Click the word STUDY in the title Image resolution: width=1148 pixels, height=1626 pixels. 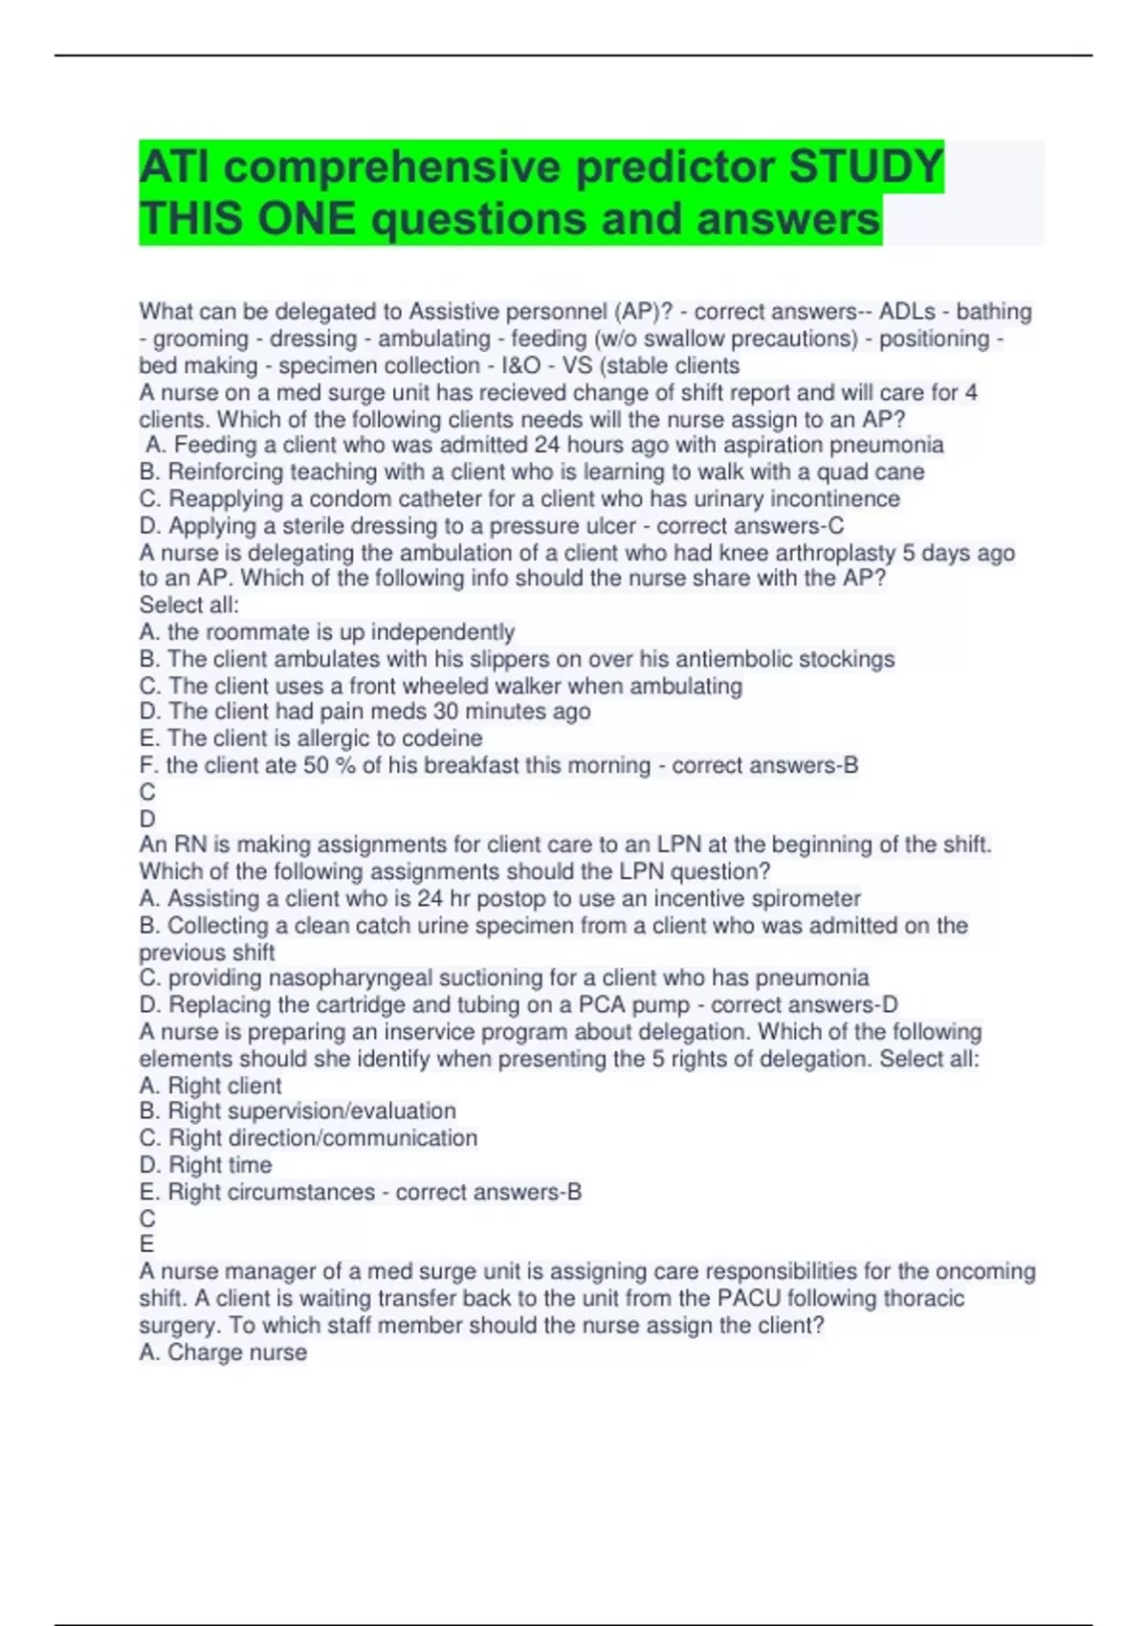pos(866,166)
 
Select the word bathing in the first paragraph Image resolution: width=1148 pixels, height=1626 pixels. pos(994,312)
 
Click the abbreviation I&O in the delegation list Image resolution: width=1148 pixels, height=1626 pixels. pos(520,365)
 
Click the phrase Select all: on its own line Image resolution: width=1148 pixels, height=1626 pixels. pos(189,604)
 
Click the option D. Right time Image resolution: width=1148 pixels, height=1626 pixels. pos(206,1165)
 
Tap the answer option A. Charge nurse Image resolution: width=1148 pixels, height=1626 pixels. pos(223,1352)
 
